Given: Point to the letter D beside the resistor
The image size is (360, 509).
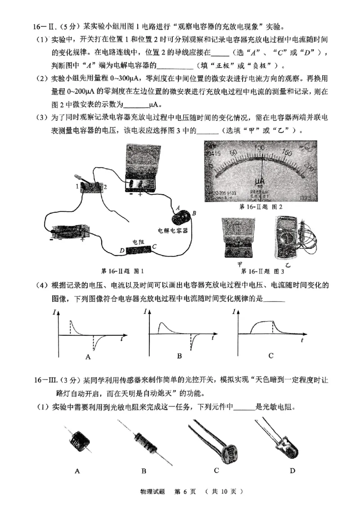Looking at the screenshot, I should click(x=121, y=250).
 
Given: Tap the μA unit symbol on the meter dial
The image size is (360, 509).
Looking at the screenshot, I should click(x=260, y=182).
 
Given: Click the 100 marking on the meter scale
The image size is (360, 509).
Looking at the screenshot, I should click(x=259, y=148).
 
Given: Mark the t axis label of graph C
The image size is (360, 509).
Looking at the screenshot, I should click(x=302, y=341).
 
